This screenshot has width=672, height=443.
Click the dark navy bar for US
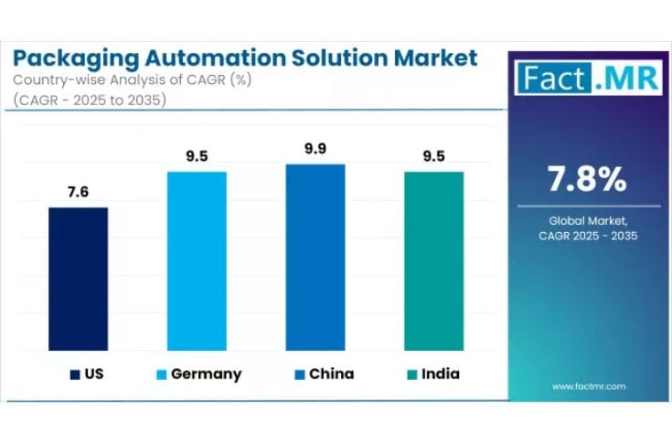point(78,279)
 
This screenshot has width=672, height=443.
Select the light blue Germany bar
point(197,260)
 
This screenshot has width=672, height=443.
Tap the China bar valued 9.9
point(315,257)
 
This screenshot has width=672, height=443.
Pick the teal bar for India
point(434,260)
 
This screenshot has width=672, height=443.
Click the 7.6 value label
point(78,192)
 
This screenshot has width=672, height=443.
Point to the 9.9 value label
point(315,148)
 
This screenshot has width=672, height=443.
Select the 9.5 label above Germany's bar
point(197,155)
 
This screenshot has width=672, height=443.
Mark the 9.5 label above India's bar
point(434,155)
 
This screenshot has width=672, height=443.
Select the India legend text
point(442,374)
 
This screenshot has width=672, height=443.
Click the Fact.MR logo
point(586,78)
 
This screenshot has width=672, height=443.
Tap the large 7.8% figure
point(587,180)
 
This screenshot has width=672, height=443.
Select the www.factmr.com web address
point(589,386)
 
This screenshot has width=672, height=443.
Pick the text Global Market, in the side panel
point(587,220)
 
